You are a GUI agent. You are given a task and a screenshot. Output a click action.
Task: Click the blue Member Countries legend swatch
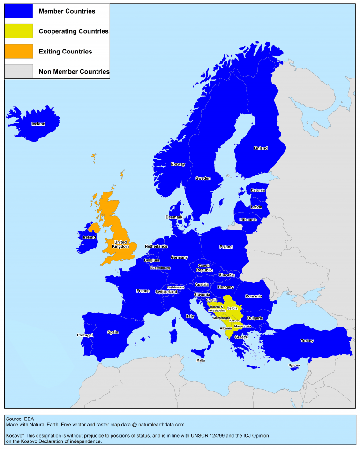19,11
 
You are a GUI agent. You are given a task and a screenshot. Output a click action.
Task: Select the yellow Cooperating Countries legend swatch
19,31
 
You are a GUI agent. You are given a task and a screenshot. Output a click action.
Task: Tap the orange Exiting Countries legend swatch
19,52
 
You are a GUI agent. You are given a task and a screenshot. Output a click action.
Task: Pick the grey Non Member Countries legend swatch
19,71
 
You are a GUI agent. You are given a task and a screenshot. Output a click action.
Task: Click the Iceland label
38,124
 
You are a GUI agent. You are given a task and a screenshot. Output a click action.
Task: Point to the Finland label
261,148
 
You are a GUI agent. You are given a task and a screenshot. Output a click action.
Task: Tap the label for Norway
178,164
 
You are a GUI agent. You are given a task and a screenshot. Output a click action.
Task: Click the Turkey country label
307,341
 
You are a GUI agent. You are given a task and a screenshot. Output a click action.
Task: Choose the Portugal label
85,335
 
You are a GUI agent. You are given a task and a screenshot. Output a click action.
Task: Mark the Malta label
201,360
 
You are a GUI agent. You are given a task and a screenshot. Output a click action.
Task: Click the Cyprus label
294,365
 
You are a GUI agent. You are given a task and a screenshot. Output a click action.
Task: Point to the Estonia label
258,190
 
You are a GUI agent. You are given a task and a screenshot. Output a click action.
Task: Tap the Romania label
253,296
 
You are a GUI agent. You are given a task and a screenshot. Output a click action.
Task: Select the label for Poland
226,247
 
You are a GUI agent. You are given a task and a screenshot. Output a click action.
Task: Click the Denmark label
174,217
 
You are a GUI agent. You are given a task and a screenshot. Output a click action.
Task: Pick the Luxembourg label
160,268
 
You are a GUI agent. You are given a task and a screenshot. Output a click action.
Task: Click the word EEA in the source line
29,418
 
